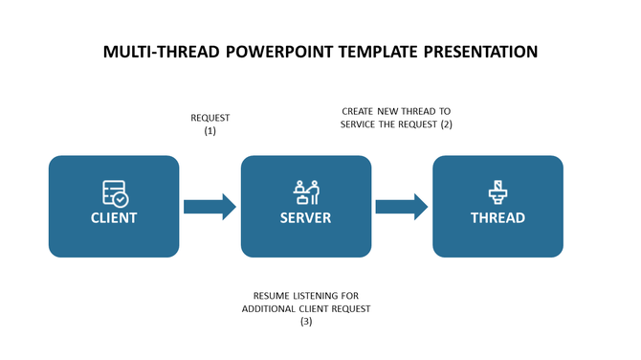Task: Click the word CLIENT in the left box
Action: point(114,218)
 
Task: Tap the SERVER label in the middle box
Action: point(305,218)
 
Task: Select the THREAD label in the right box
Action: point(497,218)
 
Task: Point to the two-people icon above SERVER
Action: point(306,192)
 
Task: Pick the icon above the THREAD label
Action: point(497,192)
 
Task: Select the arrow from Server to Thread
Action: point(401,207)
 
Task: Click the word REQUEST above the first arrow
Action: point(210,119)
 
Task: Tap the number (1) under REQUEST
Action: point(210,131)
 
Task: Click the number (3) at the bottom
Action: point(306,322)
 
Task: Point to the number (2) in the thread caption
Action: point(445,124)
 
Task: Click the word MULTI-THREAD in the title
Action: point(161,52)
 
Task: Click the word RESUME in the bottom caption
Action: point(272,296)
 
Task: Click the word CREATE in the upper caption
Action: point(359,111)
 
